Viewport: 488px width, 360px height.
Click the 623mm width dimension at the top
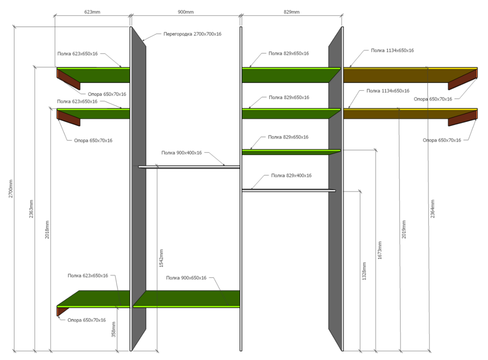pos(92,12)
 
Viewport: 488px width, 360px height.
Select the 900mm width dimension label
pos(185,12)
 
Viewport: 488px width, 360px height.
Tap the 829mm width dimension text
pos(291,12)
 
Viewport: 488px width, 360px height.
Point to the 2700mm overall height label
pos(11,189)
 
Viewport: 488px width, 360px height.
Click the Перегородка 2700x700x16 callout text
pos(192,34)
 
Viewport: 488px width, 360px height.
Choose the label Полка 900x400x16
pos(182,153)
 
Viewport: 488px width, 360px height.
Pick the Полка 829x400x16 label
pos(291,176)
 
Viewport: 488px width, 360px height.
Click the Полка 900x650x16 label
pos(186,278)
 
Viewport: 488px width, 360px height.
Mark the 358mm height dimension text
pos(114,329)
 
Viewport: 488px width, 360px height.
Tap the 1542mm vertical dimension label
pos(161,258)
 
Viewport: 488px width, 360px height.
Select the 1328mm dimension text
pos(364,271)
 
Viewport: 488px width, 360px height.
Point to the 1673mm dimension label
pos(380,250)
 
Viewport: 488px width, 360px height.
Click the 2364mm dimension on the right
pos(432,209)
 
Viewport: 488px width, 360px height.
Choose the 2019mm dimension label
pos(404,229)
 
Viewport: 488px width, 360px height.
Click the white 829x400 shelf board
pos(288,190)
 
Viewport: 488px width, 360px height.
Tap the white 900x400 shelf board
pos(189,167)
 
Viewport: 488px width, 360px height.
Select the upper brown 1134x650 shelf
pos(410,75)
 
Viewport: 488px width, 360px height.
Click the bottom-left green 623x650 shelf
pos(93,299)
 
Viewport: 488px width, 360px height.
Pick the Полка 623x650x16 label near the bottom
pos(88,276)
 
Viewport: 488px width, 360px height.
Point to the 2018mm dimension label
pos(47,230)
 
